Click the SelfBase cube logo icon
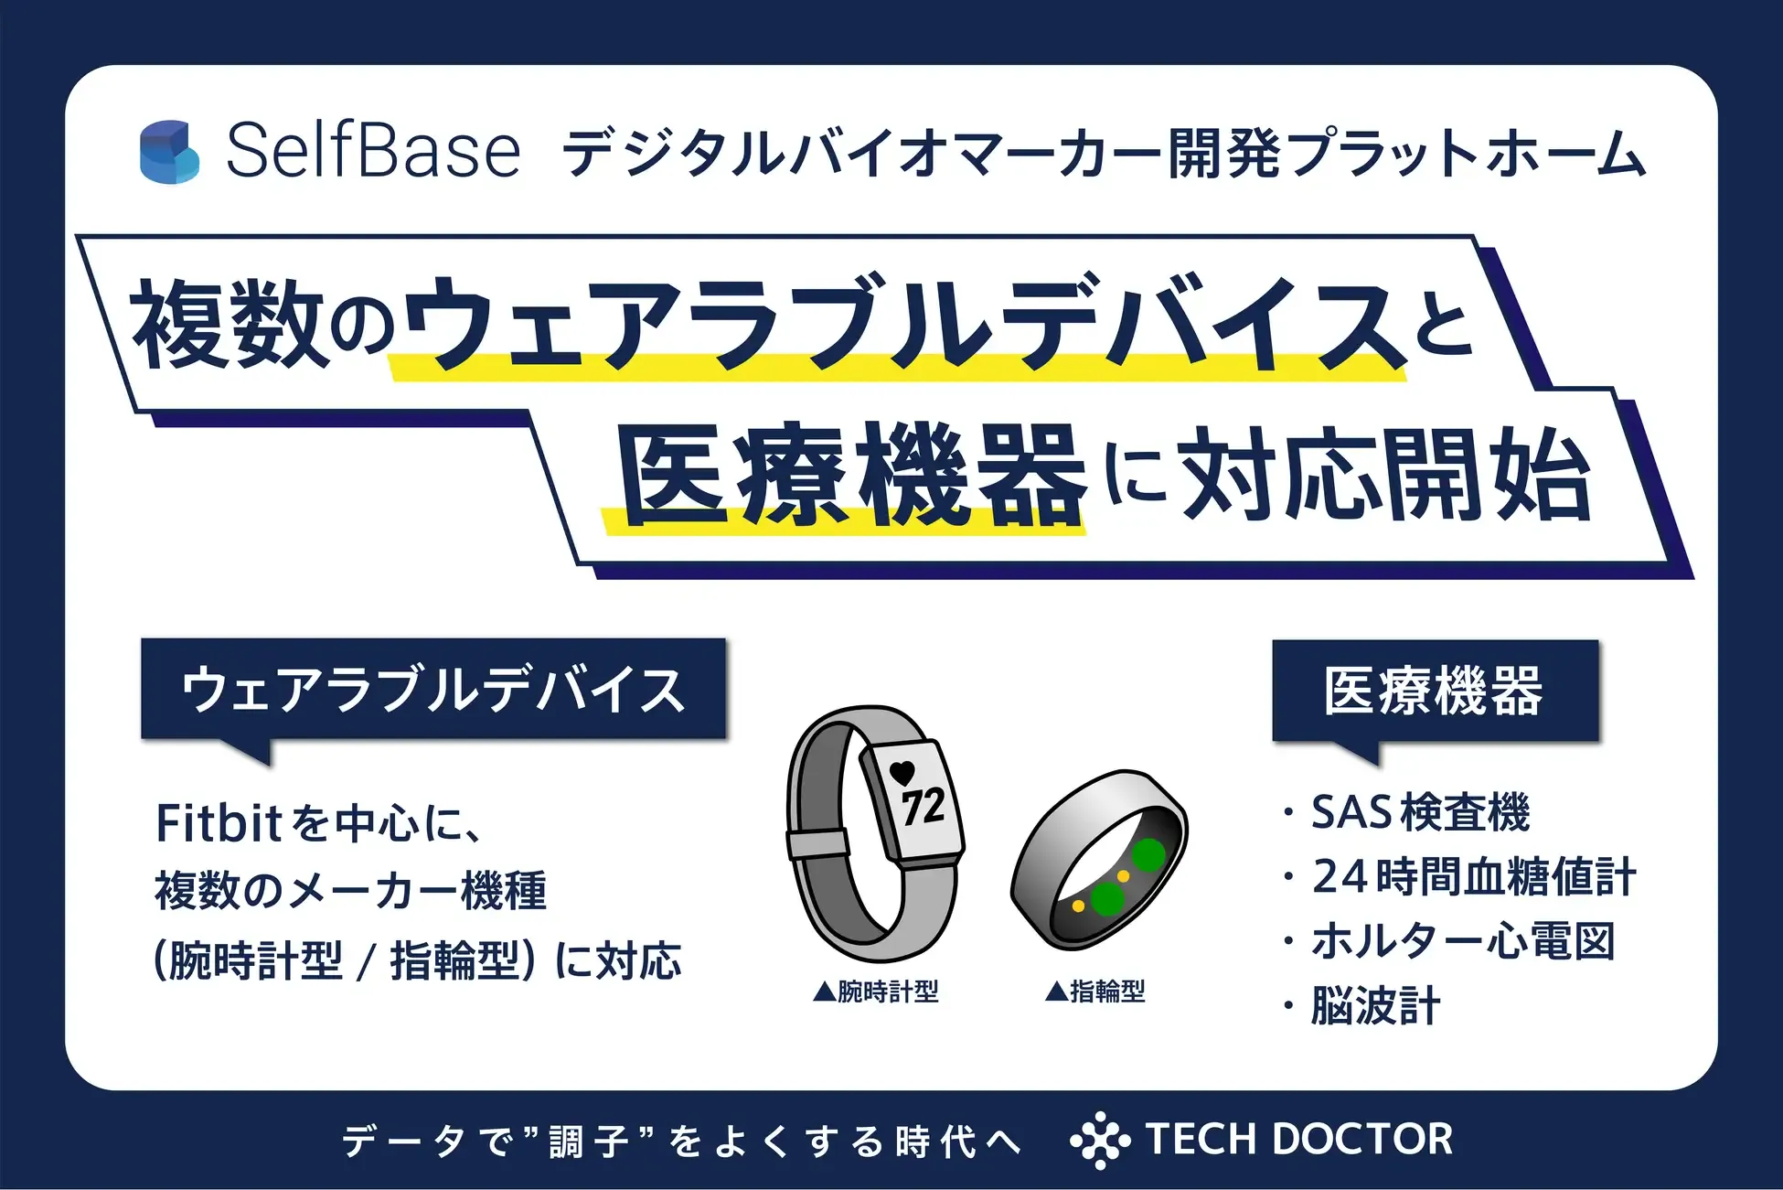[169, 151]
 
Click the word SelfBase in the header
[373, 151]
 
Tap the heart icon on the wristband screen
[902, 772]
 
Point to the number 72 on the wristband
[923, 807]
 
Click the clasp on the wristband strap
[817, 843]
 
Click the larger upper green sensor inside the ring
[1148, 854]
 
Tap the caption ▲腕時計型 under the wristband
[876, 991]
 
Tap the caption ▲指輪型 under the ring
[1094, 991]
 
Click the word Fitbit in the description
[218, 823]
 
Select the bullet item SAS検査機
[1419, 812]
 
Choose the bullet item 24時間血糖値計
[1473, 876]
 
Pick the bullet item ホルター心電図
[1463, 941]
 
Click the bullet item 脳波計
[1375, 1006]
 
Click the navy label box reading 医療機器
[1435, 691]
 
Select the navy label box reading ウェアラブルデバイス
[433, 689]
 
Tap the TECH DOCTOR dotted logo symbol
[1100, 1140]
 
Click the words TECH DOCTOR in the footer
[1298, 1140]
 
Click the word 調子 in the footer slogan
[590, 1142]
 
